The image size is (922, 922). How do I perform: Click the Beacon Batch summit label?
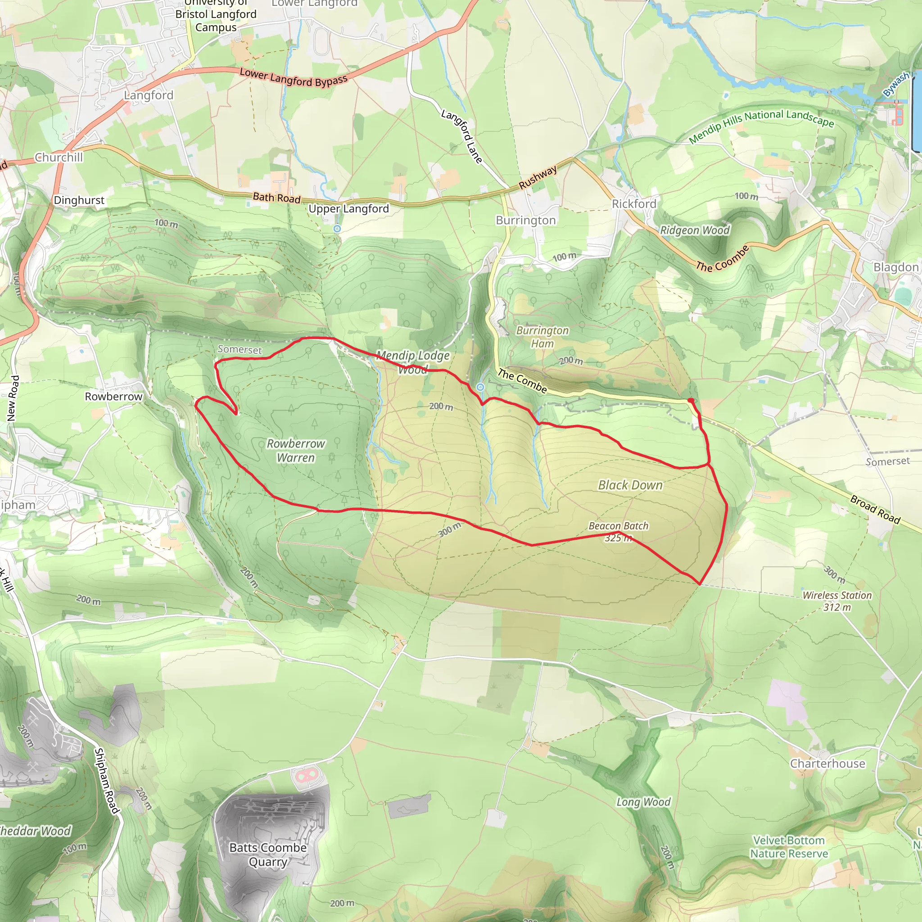[618, 531]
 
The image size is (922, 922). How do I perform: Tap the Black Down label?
[630, 485]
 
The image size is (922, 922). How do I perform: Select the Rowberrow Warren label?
[295, 451]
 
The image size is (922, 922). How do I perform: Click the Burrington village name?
[525, 220]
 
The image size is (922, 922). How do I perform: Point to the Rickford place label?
[634, 204]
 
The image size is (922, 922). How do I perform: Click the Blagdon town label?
[895, 267]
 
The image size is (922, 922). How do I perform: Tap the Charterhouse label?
[827, 763]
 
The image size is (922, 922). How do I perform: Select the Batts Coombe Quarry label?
[268, 854]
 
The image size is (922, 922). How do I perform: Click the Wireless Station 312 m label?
[836, 601]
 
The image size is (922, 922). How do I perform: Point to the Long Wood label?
[643, 802]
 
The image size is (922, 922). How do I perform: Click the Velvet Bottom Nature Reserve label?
[788, 847]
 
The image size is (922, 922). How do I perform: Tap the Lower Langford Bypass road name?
[293, 77]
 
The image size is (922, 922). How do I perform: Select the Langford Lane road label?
[461, 136]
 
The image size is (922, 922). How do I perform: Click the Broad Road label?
[875, 510]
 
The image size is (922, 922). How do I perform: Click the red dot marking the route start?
[691, 401]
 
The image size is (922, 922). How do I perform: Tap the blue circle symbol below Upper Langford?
[337, 229]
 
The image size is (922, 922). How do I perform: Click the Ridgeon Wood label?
[694, 230]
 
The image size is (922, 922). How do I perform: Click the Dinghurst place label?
[79, 200]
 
